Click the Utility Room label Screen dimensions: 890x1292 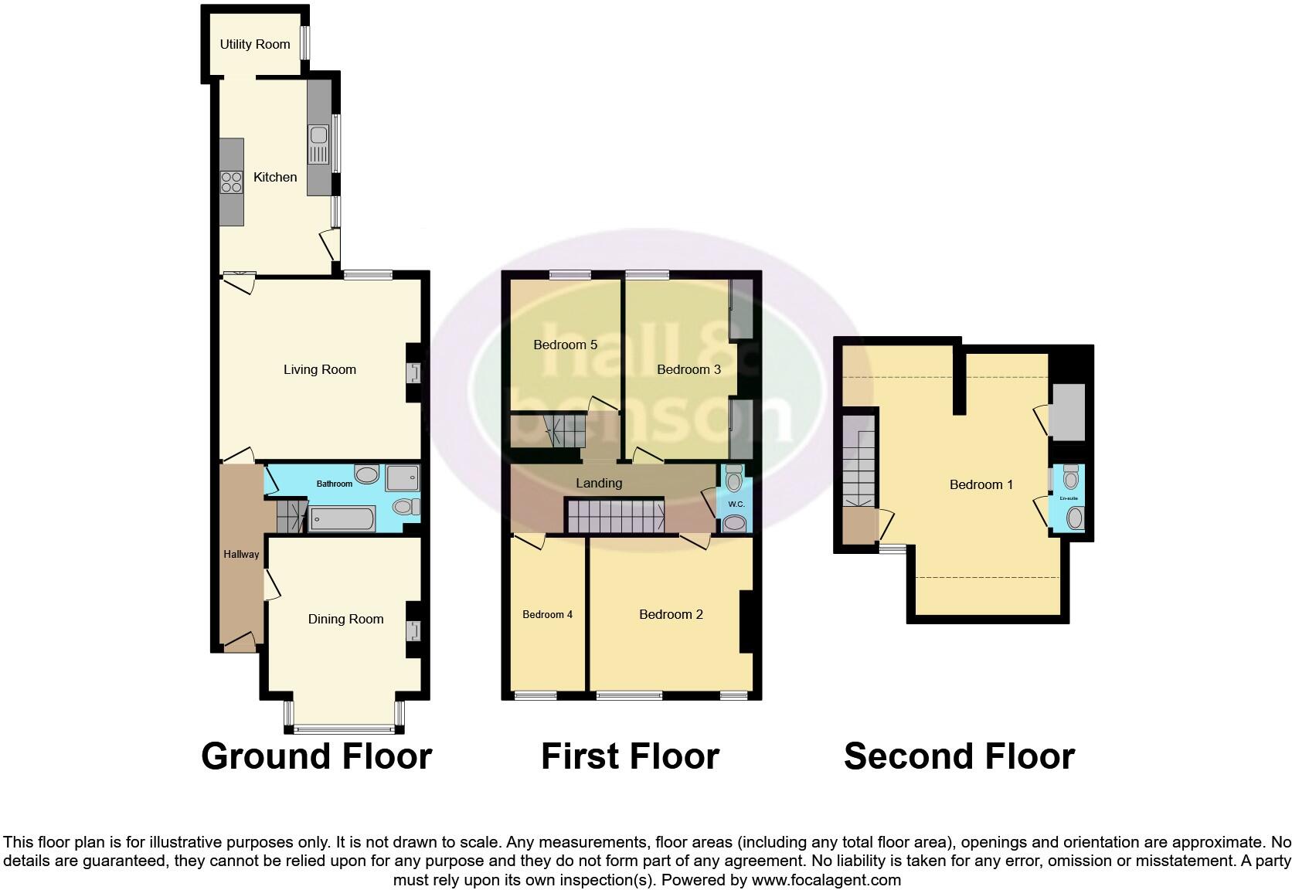tap(255, 44)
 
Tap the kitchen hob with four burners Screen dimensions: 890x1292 tap(231, 182)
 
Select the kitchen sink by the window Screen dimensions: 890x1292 tap(318, 145)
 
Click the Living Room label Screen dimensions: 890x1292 tap(319, 369)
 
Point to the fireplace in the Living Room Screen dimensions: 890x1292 tap(414, 373)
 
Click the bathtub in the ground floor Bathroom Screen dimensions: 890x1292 tap(342, 519)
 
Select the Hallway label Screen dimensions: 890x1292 tap(241, 554)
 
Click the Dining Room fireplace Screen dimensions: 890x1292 tap(414, 630)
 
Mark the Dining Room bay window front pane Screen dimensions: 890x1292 tap(345, 728)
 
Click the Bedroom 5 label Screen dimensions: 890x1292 tap(565, 345)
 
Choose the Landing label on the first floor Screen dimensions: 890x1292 tap(599, 483)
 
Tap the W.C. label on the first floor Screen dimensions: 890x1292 tap(736, 504)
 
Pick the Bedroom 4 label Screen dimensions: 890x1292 tap(547, 614)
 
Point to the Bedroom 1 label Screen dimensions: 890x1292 tap(981, 484)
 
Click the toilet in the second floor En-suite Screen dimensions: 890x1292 tap(1071, 478)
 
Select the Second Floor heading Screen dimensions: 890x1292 tap(959, 756)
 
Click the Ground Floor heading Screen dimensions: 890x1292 tap(316, 756)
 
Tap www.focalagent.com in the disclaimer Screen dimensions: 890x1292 tap(826, 879)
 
